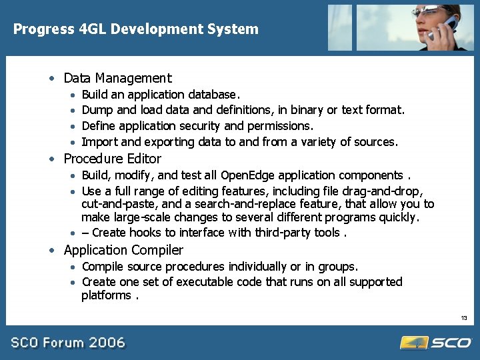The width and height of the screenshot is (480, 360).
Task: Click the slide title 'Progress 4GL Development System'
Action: point(136,29)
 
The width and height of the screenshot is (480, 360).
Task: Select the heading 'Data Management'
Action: point(117,79)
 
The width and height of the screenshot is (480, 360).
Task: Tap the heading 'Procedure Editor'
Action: point(112,159)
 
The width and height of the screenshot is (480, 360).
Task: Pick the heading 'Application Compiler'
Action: point(123,251)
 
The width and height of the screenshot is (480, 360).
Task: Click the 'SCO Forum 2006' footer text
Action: point(67,343)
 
